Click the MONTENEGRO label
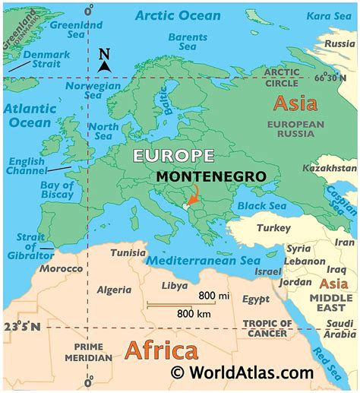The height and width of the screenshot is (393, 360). pos(210,176)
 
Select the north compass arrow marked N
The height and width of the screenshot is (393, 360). pos(105,60)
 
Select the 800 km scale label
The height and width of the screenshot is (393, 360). pos(194,312)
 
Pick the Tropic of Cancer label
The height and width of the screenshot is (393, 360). pos(266,328)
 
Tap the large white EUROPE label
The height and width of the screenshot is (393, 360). pos(173,155)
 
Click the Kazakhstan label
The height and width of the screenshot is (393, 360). pos(329,167)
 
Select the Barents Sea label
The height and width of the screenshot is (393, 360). pos(188,42)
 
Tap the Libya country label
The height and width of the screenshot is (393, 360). pos(175,286)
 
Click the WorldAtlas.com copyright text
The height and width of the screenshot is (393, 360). pos(242,372)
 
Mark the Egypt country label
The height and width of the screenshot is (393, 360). pos(256,300)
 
